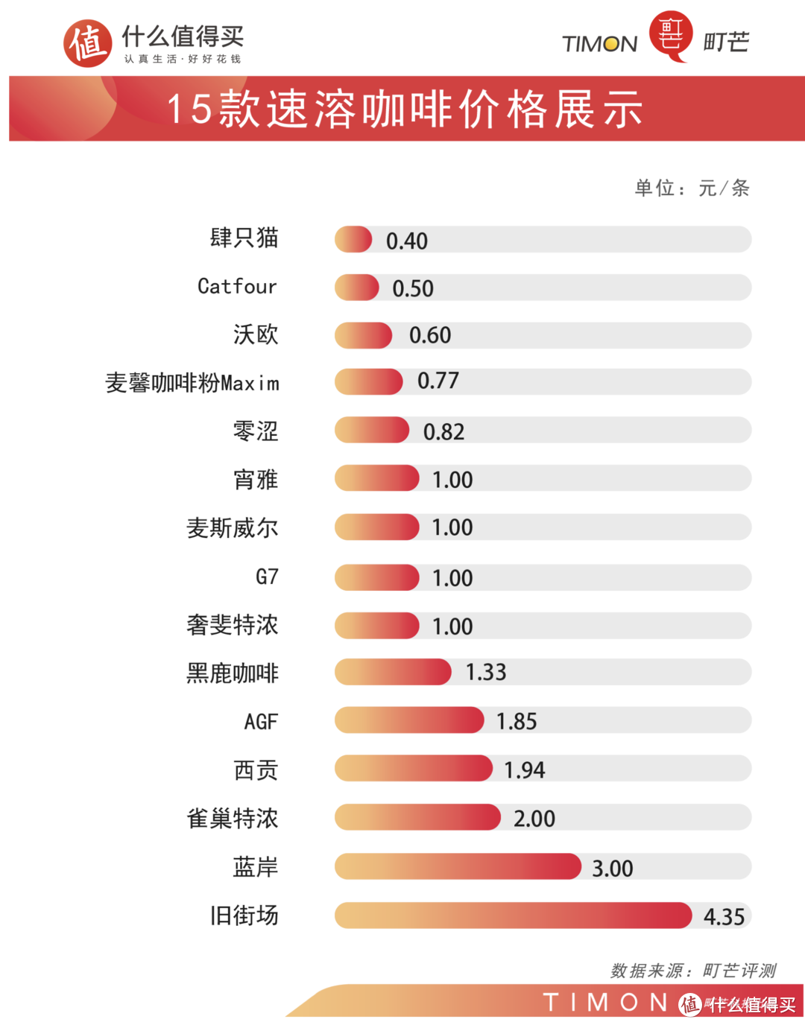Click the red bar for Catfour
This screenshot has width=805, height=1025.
[x=356, y=288]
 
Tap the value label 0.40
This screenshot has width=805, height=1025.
[x=407, y=241]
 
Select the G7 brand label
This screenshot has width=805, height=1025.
[x=267, y=577]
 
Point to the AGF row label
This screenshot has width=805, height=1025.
[x=261, y=721]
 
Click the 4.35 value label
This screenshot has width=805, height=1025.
[x=724, y=917]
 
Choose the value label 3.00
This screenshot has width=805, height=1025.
[x=612, y=869]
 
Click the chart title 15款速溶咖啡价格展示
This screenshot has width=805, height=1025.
[x=405, y=110]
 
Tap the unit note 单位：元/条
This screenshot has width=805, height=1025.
[x=692, y=188]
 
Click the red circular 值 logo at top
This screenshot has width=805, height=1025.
[x=87, y=43]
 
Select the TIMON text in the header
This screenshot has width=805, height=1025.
[x=600, y=45]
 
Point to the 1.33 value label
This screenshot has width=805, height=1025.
[x=486, y=673]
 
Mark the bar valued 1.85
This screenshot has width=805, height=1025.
[x=408, y=721]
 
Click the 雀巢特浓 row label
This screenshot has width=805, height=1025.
[x=233, y=819]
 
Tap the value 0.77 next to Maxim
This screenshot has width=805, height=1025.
[x=438, y=381]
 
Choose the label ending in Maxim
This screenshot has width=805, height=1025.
[x=193, y=383]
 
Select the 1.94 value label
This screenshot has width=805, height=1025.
[x=525, y=770]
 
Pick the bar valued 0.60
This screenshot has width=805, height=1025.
[x=363, y=336]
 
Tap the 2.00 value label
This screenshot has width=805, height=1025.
[x=534, y=819]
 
